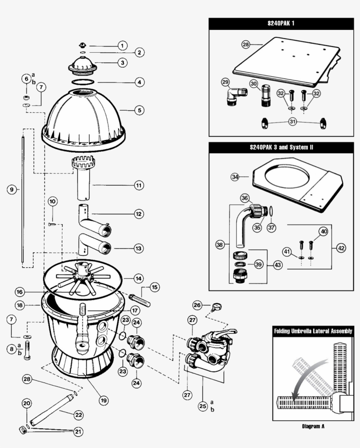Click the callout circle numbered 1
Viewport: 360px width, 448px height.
point(122,45)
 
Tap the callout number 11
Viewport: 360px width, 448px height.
point(139,186)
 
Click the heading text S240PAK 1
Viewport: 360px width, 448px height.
point(281,23)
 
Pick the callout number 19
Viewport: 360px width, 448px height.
point(104,400)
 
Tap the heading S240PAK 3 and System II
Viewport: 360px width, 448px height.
point(281,147)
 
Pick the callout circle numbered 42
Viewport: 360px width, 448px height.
point(341,247)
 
